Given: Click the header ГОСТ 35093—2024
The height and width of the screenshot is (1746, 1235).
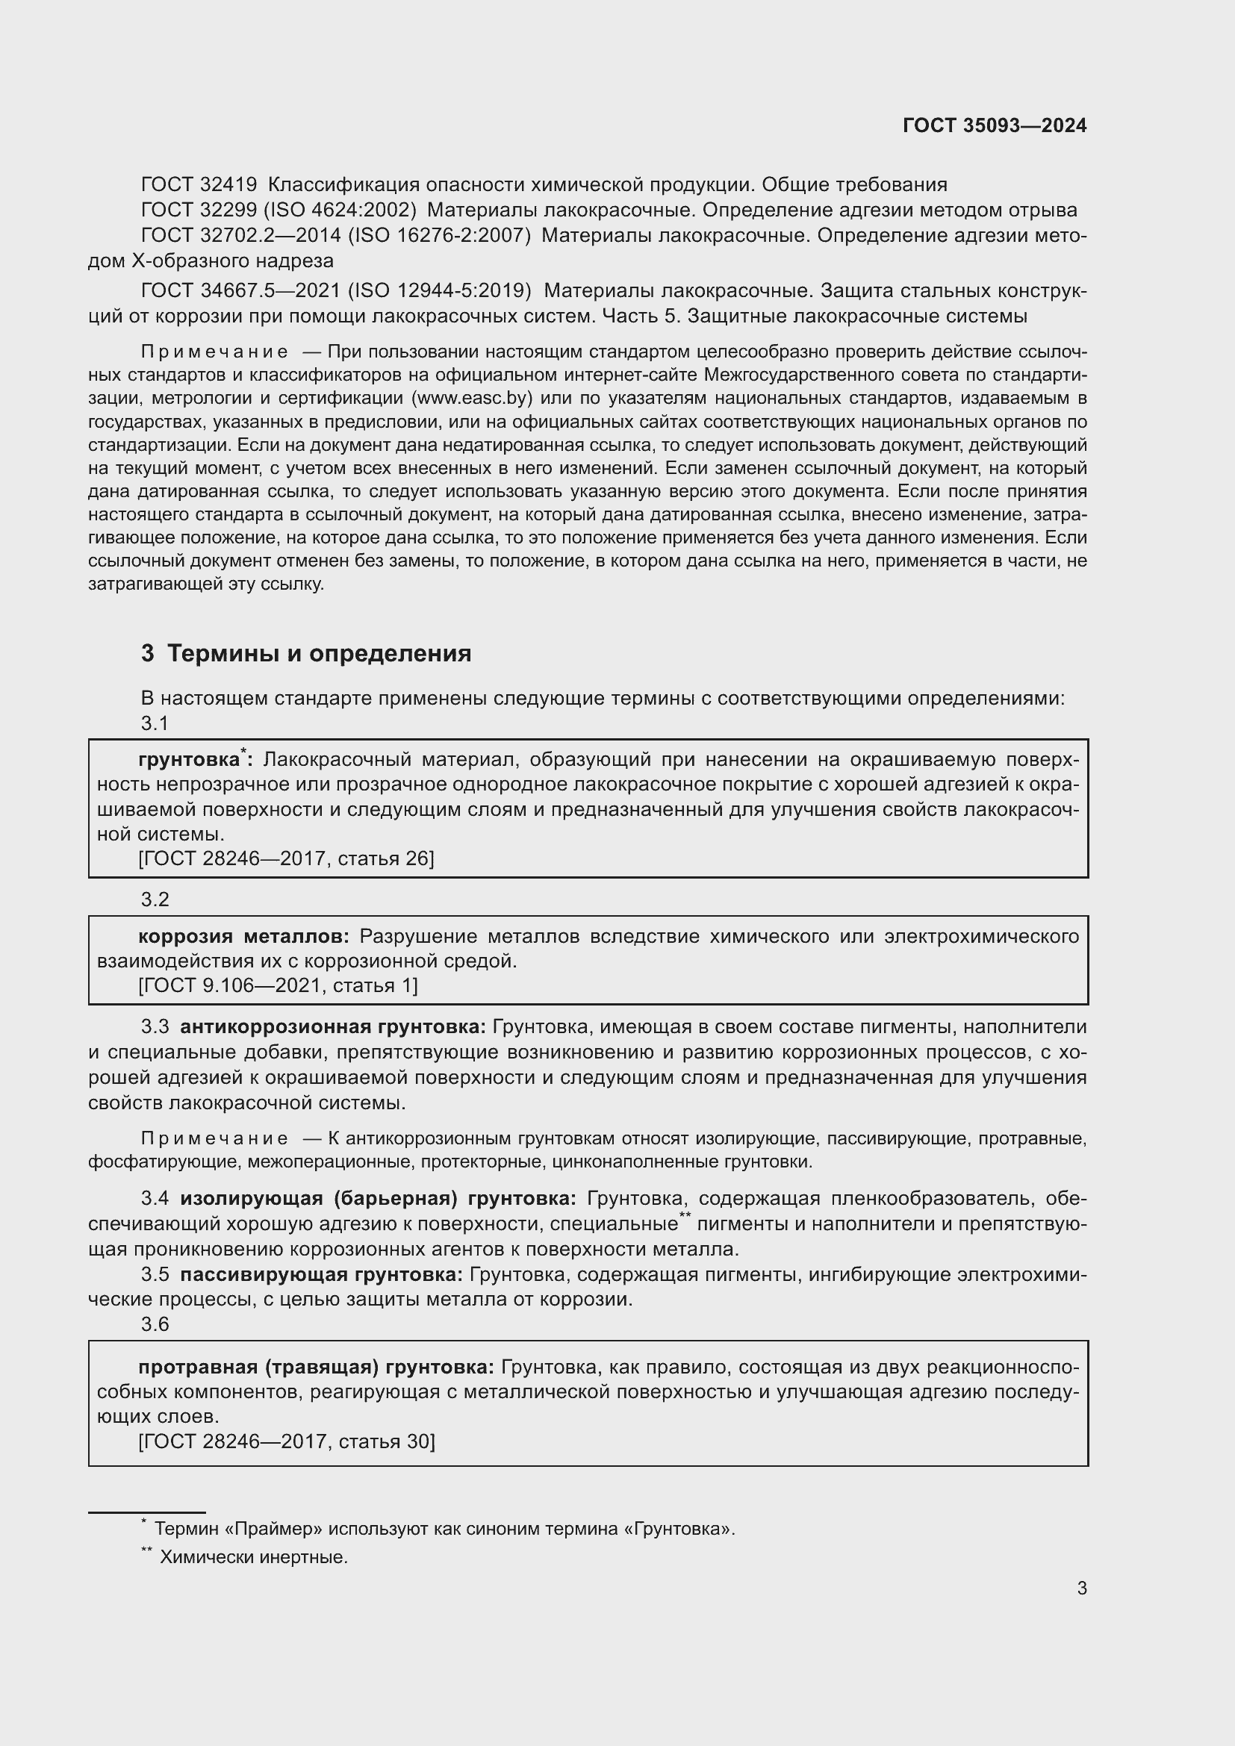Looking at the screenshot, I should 994,125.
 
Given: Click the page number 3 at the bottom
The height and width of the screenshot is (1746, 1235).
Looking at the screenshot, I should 1081,1588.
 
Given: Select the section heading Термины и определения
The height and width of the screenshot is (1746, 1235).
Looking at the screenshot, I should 319,653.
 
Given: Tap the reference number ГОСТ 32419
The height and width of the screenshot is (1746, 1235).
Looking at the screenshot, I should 199,185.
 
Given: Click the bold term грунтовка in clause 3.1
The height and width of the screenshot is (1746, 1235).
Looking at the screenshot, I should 189,760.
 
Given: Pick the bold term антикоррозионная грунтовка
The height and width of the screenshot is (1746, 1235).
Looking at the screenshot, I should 332,1026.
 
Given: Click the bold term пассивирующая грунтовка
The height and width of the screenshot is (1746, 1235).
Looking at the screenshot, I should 321,1273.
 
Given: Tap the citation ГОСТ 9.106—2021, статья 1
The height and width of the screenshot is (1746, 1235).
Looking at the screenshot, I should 278,985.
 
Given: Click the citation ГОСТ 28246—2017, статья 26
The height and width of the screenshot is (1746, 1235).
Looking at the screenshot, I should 286,858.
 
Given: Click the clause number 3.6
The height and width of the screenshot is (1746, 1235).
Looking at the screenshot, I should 155,1324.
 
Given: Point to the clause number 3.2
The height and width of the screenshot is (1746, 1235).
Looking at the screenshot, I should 155,899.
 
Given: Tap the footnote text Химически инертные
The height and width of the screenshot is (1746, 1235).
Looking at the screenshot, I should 253,1556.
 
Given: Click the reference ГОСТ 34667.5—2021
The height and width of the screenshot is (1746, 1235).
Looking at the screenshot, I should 240,291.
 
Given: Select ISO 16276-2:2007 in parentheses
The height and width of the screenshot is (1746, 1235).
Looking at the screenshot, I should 439,236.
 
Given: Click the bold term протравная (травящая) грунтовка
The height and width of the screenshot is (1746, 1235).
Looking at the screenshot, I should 316,1368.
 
